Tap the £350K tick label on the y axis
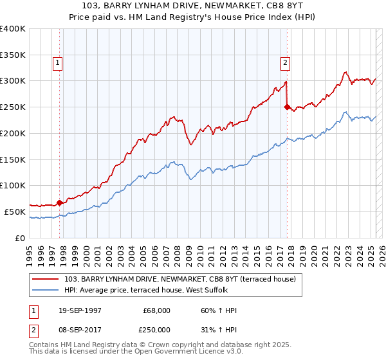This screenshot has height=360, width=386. pyautogui.click(x=13, y=55)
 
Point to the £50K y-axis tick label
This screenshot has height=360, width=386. pyautogui.click(x=15, y=212)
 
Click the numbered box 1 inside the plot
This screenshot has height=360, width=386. pyautogui.click(x=58, y=63)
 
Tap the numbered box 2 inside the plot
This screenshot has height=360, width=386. pyautogui.click(x=284, y=63)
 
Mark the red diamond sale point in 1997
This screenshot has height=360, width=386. pyautogui.click(x=60, y=203)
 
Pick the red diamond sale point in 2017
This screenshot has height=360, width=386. pyautogui.click(x=287, y=107)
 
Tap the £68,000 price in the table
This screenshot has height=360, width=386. pyautogui.click(x=157, y=310)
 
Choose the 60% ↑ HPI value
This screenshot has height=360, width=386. pyautogui.click(x=219, y=310)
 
